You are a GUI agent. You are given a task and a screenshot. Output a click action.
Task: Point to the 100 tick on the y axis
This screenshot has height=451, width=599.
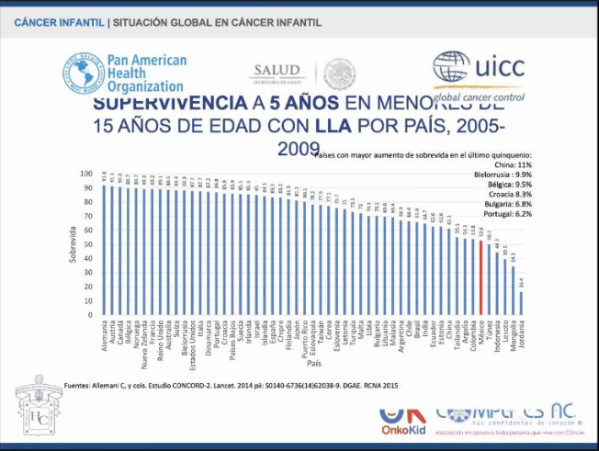click(x=86, y=174)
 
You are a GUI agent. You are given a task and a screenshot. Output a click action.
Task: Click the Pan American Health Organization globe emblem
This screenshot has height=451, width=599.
click(x=84, y=72)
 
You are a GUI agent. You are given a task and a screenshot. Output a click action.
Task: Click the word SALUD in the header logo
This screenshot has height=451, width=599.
click(x=277, y=70)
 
